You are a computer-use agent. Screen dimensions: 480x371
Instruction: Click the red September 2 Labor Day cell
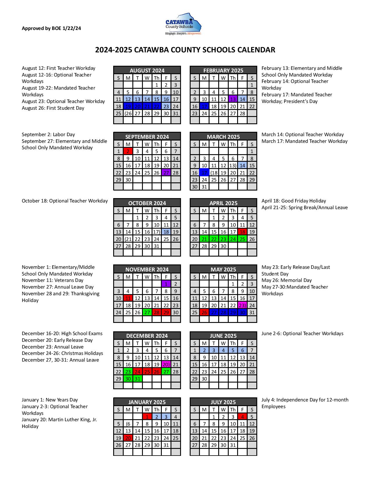tap(128, 151)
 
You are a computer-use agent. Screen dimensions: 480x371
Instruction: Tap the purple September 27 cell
tap(166, 173)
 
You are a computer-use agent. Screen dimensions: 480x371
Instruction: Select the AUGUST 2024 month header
tap(147, 70)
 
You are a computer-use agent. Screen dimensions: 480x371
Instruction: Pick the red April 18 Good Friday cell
tap(242, 232)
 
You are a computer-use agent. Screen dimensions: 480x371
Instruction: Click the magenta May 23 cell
tap(242, 305)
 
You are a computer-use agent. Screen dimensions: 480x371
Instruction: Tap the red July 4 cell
tap(242, 417)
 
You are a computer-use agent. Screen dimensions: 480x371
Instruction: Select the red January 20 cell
tap(128, 438)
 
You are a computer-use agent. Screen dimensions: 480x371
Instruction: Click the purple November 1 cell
tap(166, 284)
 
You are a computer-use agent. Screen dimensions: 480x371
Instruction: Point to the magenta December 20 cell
tap(166, 365)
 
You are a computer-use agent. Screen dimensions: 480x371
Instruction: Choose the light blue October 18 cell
tap(166, 232)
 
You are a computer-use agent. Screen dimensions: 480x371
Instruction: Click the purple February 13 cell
tap(233, 99)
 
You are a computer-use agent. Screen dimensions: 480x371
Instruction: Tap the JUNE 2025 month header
tap(223, 336)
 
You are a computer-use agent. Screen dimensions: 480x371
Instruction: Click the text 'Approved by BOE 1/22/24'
tap(52, 28)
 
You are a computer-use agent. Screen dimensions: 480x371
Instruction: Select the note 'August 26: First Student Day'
tap(53, 108)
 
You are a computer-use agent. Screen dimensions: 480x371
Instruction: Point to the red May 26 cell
tap(204, 312)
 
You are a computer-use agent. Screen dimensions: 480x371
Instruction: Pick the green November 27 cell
tap(147, 312)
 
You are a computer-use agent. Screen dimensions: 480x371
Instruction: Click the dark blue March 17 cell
tap(204, 173)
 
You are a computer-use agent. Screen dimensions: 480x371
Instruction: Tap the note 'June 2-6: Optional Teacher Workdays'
tap(302, 333)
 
